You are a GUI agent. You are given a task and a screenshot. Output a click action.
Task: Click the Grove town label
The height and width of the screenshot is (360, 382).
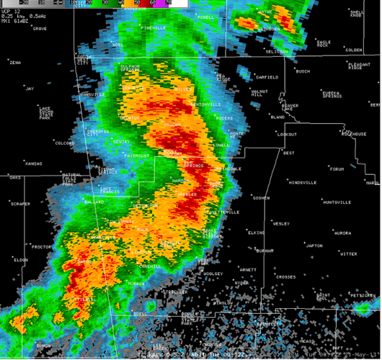[39, 28]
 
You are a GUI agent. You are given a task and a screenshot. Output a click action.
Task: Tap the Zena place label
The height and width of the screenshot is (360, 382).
[15, 63]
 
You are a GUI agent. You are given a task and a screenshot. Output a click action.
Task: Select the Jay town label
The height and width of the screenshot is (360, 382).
[30, 89]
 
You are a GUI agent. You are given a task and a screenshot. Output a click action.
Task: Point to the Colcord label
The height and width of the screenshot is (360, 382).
[65, 143]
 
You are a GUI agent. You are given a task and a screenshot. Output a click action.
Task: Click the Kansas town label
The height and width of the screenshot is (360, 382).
[33, 163]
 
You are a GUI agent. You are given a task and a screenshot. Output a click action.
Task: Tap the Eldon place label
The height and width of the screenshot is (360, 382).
[20, 259]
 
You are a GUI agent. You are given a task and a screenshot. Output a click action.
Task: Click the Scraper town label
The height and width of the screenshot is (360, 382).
[20, 204]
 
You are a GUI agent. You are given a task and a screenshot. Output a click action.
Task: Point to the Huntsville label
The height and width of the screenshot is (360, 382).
[337, 202]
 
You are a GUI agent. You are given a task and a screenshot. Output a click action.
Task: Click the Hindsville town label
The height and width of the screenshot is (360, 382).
[303, 182]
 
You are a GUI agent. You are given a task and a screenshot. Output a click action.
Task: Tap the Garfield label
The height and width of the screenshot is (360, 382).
[267, 76]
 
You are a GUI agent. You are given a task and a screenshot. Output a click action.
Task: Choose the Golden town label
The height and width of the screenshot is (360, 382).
[353, 50]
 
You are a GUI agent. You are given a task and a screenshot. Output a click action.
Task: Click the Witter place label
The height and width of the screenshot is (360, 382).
[348, 253]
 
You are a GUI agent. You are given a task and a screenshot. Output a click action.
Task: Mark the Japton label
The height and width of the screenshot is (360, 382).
[314, 246]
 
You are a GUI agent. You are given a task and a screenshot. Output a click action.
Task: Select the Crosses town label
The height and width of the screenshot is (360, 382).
[285, 276]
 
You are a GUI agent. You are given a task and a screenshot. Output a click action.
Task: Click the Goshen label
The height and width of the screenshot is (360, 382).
[261, 198]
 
